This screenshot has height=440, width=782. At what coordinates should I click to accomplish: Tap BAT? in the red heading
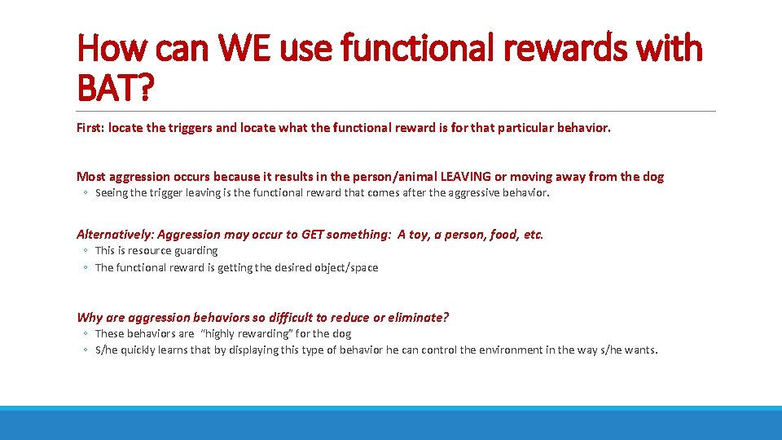[115, 87]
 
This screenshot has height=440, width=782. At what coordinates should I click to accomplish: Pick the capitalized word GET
[312, 235]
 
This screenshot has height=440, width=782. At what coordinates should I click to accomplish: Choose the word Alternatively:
[115, 235]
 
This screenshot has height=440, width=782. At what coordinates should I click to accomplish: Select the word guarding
[195, 251]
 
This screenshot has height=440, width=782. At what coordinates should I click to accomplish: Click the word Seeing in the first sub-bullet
[112, 193]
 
